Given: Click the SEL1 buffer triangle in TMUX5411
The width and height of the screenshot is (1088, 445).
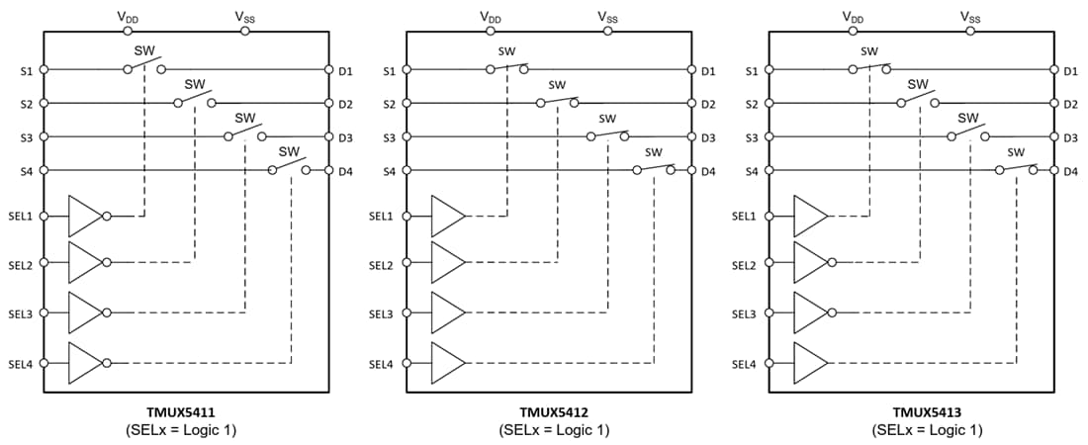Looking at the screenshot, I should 84,215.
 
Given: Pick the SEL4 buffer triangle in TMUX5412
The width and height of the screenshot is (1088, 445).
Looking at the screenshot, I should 447,363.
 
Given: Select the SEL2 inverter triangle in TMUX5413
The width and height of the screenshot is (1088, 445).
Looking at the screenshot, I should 810,263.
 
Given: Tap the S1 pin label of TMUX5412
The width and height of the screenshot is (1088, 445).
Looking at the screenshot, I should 389,70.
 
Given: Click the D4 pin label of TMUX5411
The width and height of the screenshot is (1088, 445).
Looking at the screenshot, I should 345,171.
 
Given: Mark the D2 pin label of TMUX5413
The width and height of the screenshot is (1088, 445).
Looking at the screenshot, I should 1070,104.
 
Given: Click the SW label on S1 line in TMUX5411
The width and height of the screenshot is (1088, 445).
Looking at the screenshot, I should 142,49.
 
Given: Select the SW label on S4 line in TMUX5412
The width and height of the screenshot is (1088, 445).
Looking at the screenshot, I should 653,151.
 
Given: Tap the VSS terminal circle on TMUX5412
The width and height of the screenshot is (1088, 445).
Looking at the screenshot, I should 608,31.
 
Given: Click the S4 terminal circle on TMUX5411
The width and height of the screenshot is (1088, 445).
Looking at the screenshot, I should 45,170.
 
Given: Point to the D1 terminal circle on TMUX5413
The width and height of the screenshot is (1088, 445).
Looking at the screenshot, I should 1053,70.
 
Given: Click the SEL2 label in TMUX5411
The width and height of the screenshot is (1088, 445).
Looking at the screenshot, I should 20,264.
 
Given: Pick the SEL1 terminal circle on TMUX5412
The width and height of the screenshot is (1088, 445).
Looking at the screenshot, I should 407,216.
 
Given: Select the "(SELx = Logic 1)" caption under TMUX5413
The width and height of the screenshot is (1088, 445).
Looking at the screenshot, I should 927,430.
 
